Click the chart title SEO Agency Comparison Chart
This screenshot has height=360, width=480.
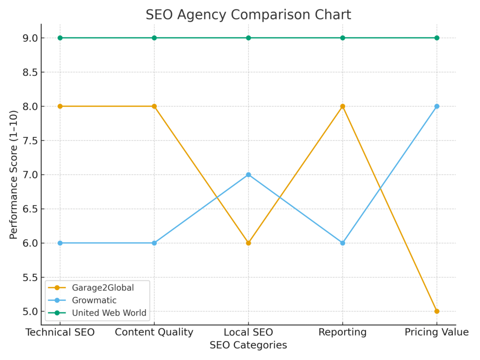pos(248,15)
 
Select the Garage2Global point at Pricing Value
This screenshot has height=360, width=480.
pos(436,311)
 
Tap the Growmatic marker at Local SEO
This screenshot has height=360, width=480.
pos(248,175)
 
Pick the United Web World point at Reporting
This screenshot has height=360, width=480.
pos(343,38)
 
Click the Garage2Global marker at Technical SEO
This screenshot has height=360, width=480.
pos(60,106)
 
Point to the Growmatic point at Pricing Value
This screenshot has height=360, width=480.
pos(436,106)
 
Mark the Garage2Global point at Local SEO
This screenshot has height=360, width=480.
pos(248,243)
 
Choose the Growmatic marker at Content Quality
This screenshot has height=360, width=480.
pos(154,243)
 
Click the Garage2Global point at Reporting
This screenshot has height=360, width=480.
pos(343,106)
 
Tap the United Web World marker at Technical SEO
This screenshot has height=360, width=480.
pos(60,38)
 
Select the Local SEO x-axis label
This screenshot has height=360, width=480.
pos(248,332)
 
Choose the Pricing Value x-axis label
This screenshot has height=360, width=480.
pos(436,332)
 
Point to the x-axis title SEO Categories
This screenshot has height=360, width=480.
pos(248,345)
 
